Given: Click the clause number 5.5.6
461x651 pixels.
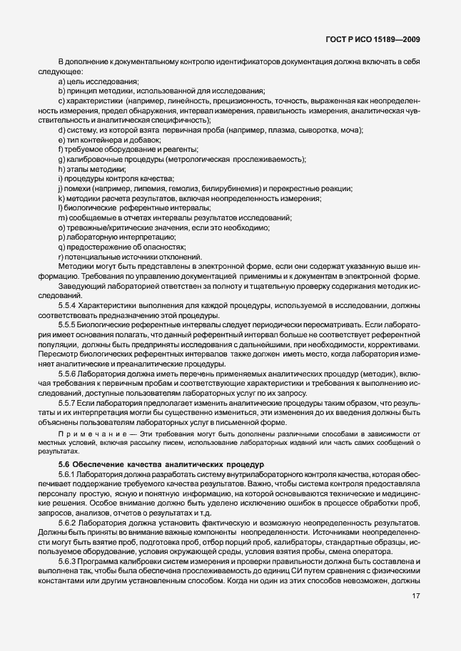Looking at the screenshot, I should click(69, 374).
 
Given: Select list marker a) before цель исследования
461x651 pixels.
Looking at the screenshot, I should click(62, 81).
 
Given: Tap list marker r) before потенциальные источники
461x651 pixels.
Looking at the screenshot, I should click(61, 257).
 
